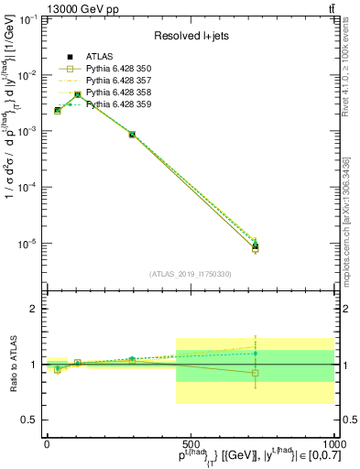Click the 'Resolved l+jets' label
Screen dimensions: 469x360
(190, 36)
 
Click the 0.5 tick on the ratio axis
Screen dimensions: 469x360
(30, 420)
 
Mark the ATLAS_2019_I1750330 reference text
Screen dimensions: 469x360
(190, 274)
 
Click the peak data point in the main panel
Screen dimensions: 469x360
(78, 94)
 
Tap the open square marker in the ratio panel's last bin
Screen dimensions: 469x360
(256, 373)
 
